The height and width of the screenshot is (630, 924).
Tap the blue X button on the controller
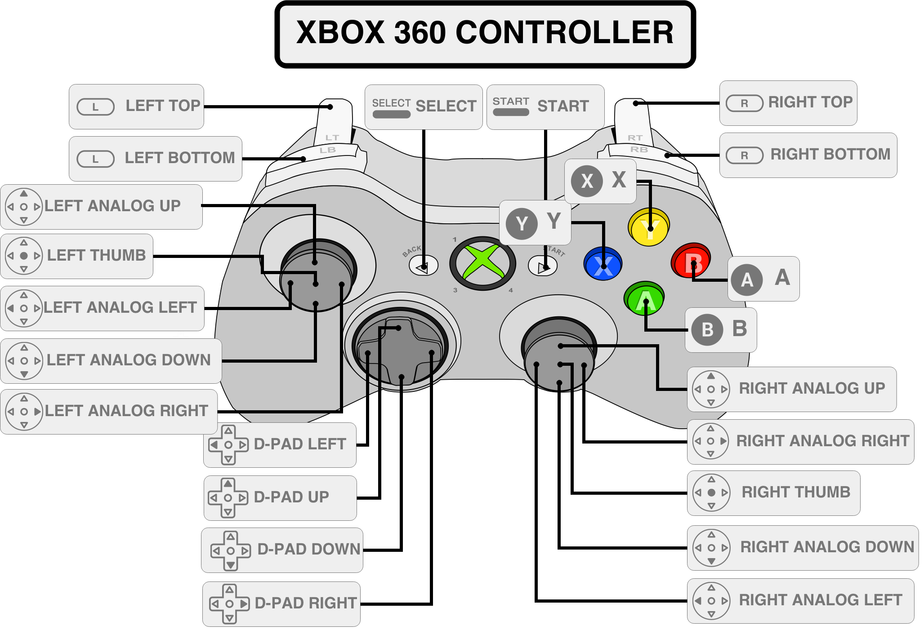[603, 264]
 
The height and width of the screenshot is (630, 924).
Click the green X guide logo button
[482, 263]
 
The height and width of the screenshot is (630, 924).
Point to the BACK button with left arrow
[423, 266]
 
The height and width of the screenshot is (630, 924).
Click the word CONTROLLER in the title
[564, 33]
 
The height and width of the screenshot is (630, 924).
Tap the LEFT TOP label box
[136, 106]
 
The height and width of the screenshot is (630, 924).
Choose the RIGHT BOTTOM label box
[808, 155]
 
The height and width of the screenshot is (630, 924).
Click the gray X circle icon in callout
[587, 181]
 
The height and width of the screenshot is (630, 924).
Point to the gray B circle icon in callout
[707, 330]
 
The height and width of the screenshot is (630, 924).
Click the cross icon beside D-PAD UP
[228, 498]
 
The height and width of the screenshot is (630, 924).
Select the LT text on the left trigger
[332, 138]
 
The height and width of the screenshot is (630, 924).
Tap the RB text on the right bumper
[639, 150]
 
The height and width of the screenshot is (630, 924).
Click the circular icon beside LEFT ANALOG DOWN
[24, 361]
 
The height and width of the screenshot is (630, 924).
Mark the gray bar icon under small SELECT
[391, 114]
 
